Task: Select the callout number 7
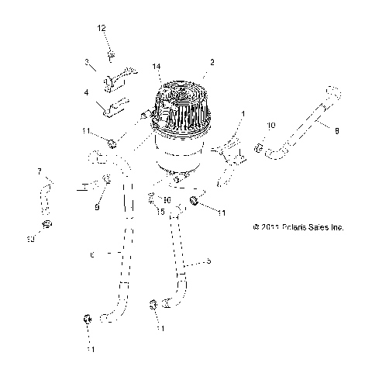click(x=39, y=171)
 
